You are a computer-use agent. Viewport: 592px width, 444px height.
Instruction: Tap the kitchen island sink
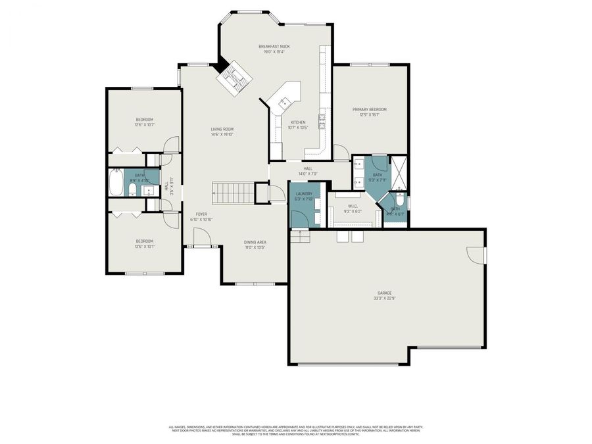coord(285,102)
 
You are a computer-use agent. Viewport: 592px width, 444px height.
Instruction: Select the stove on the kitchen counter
coord(322,119)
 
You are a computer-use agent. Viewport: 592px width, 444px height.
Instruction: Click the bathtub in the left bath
coord(116,184)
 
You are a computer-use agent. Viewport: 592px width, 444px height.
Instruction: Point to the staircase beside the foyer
coord(232,193)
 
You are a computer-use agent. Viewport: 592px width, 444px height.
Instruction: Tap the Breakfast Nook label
coord(274,46)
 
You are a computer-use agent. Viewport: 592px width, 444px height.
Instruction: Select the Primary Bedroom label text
coord(369,109)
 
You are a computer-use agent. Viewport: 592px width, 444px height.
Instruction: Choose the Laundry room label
coord(304,193)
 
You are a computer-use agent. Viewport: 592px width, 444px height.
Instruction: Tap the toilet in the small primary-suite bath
coord(399,199)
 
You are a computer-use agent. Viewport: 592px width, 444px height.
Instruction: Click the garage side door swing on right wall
coord(475,254)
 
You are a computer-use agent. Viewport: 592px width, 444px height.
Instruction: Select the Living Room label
coord(222,129)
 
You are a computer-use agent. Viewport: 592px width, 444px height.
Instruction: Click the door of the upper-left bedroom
coord(171,145)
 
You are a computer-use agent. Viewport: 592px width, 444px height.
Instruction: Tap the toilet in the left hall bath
coord(132,191)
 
